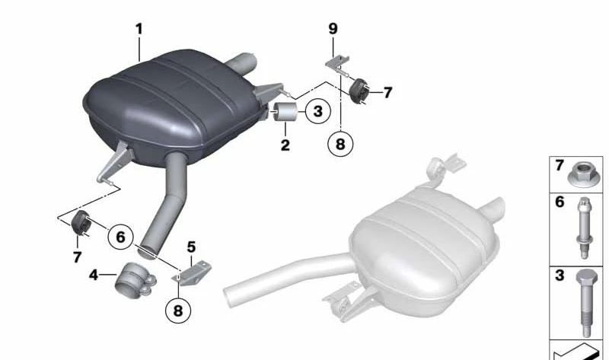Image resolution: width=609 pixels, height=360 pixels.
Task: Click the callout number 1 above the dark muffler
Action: point(139,29)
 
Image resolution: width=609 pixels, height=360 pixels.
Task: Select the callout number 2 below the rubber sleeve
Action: point(285,144)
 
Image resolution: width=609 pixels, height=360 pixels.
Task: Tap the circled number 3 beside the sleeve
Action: point(317,113)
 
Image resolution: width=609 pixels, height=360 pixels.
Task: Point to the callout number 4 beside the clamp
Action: point(93,273)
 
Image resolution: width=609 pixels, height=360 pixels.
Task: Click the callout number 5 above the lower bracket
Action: point(191,247)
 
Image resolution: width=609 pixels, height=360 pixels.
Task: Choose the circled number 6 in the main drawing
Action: point(120,237)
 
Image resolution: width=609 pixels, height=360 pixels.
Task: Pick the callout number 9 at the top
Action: point(332,29)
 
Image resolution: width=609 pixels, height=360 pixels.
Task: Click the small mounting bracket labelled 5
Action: point(192,272)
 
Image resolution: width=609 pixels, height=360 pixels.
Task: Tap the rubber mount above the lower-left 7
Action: point(81,224)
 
